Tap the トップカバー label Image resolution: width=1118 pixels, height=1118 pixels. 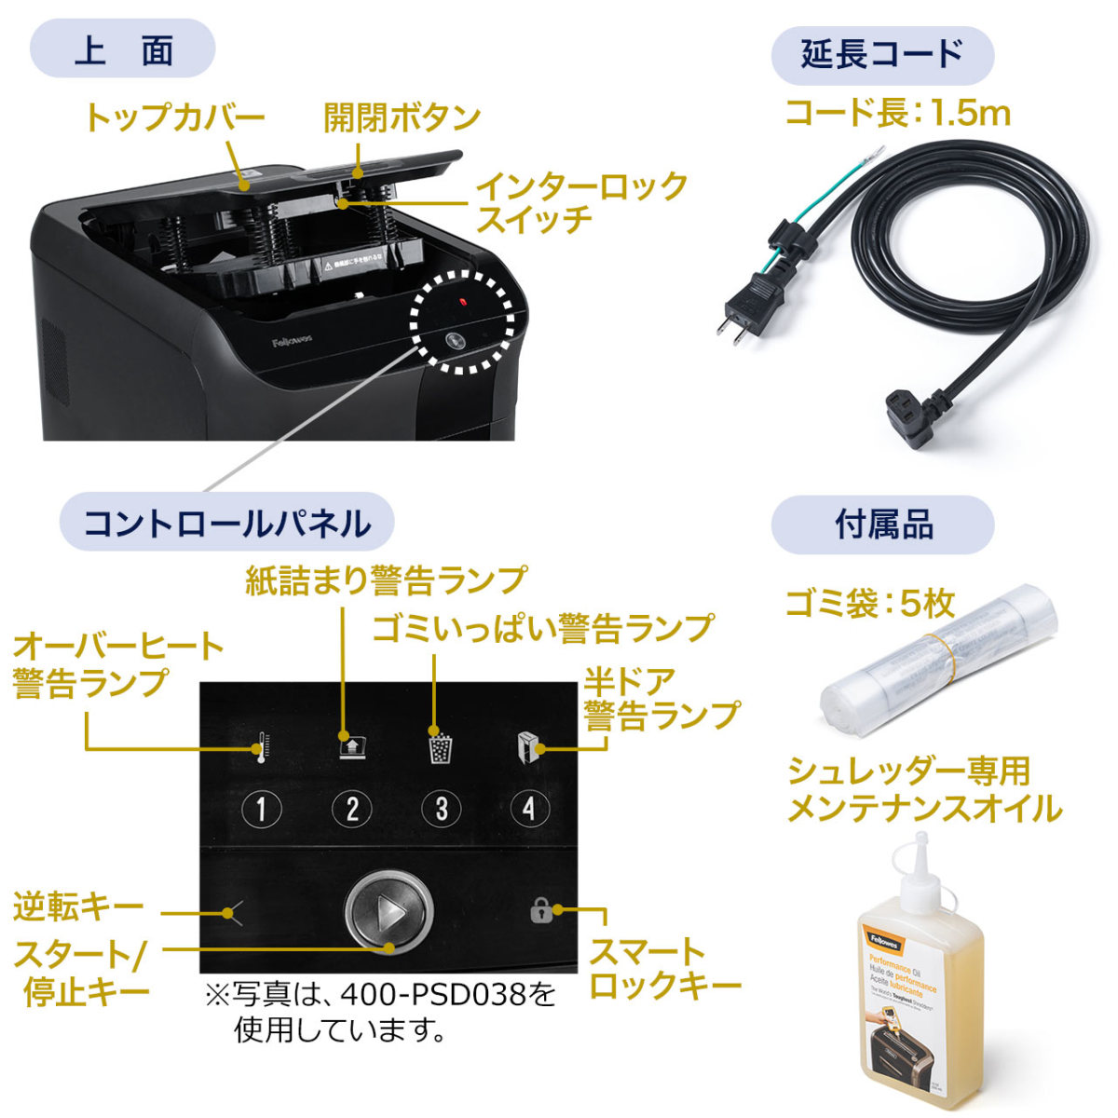click(174, 117)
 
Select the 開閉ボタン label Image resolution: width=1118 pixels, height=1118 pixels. click(402, 117)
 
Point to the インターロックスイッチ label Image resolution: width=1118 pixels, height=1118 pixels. click(580, 201)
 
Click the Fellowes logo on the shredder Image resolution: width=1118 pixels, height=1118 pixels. click(293, 342)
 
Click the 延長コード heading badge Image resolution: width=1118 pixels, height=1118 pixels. click(881, 54)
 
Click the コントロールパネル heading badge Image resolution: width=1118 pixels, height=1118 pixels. click(226, 523)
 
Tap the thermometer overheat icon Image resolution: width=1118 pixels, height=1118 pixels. click(262, 747)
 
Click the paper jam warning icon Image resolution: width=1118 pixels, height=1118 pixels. click(351, 745)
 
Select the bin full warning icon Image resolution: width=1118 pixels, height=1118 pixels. click(441, 747)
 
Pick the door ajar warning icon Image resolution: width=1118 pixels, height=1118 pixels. click(529, 746)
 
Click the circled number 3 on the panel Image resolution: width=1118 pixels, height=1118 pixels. click(441, 809)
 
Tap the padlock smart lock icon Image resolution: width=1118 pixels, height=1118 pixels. click(541, 910)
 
